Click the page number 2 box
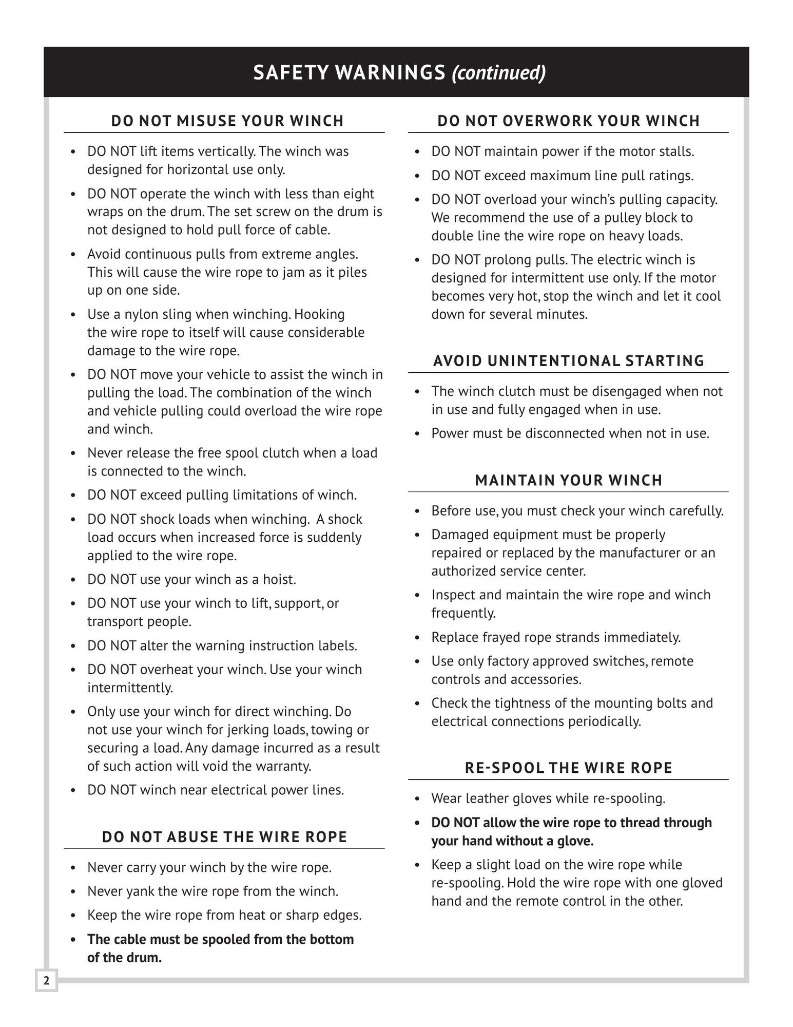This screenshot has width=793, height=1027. [x=46, y=981]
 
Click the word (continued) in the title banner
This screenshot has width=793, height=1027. [x=498, y=72]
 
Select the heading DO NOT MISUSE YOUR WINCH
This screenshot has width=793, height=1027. [x=227, y=121]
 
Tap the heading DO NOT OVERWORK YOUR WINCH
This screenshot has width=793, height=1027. [x=569, y=121]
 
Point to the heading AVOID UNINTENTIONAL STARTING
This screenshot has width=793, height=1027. [x=569, y=361]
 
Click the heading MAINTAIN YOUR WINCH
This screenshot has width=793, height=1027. [x=569, y=481]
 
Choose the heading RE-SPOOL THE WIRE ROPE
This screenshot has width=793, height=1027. [x=569, y=768]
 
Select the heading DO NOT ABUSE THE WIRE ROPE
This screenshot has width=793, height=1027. [x=225, y=837]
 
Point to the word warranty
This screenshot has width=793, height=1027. [x=285, y=767]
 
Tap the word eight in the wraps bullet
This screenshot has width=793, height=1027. [x=360, y=194]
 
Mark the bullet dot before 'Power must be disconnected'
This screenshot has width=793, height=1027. [x=418, y=434]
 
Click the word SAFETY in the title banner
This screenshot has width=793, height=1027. [x=291, y=72]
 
